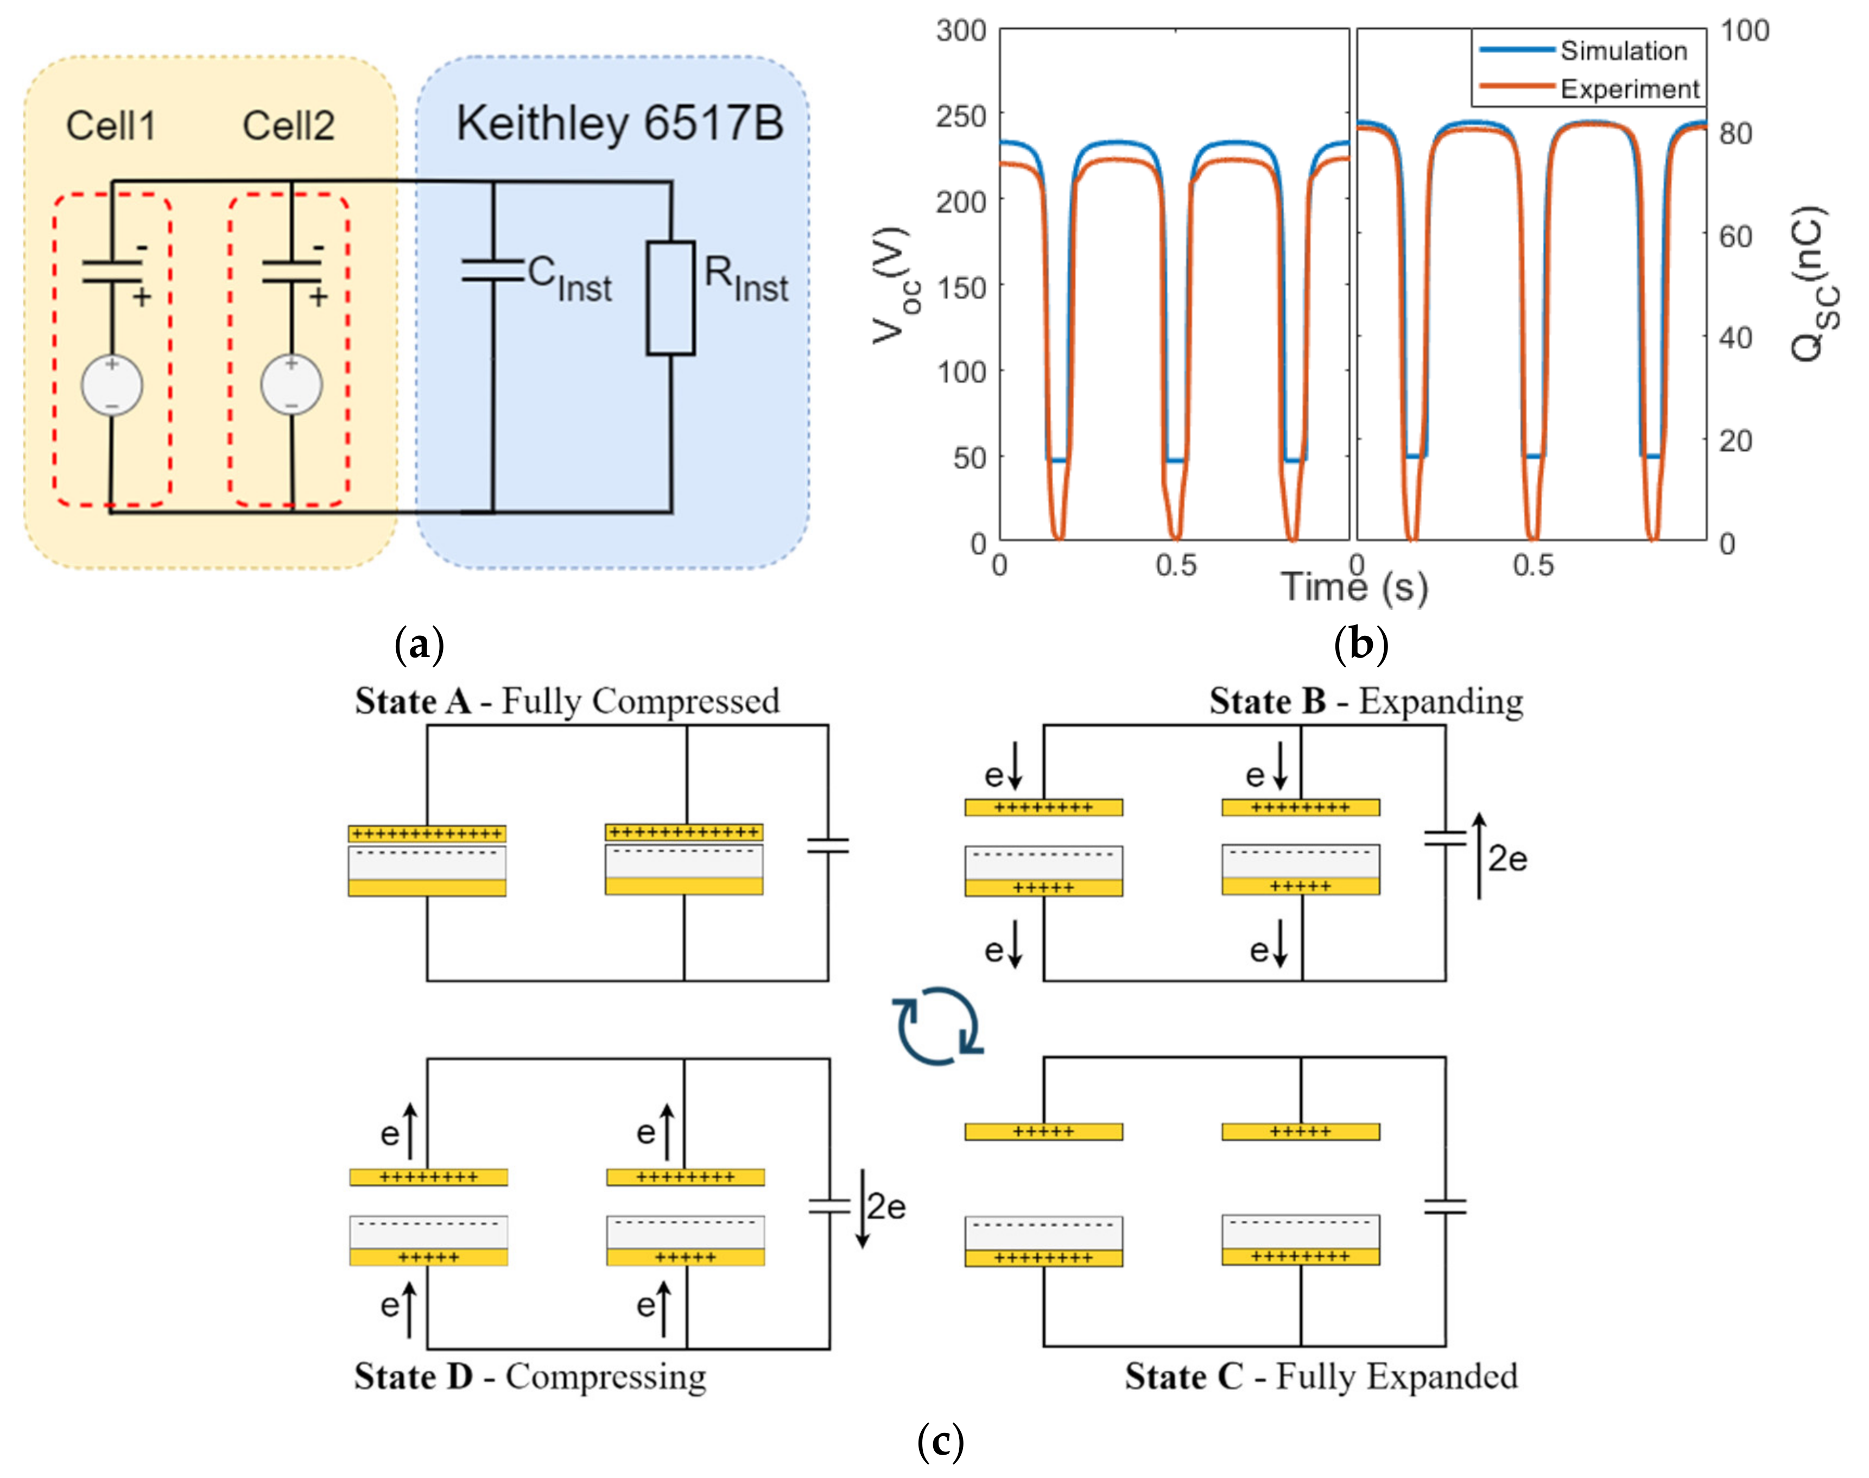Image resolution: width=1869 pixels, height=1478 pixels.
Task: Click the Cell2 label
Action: [288, 127]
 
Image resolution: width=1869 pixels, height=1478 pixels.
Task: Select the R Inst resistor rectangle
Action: [670, 298]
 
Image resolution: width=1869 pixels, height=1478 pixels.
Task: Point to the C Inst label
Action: [569, 279]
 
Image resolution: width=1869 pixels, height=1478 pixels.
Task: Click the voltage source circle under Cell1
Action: [112, 385]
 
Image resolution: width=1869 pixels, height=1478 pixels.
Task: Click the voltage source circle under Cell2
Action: [292, 385]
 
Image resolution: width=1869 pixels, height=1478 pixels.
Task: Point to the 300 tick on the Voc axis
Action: [960, 31]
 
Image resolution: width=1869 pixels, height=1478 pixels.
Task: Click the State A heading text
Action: [567, 701]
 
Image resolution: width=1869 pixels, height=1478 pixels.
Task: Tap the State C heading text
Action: [1321, 1376]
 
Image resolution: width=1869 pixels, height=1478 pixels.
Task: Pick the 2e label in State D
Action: [886, 1207]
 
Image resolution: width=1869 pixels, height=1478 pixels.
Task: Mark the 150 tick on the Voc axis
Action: [960, 287]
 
